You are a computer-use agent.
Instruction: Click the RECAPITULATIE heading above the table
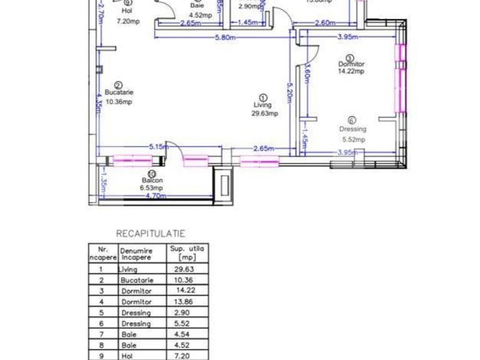coord(150,234)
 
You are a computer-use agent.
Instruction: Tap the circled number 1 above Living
coord(262,98)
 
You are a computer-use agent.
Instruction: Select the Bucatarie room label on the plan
coord(118,92)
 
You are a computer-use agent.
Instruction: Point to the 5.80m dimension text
coord(224,37)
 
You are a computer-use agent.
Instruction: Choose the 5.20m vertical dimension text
coord(289,93)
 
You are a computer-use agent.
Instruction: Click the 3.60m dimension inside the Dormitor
coord(307,76)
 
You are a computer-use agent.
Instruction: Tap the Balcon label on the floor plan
coord(151,181)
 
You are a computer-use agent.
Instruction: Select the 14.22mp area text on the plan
coord(350,71)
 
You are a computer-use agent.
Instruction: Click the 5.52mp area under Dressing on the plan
coord(352,140)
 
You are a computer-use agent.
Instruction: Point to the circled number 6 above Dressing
coord(352,121)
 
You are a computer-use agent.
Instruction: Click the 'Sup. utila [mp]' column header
coord(186,252)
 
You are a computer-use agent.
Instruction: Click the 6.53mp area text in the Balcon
coord(151,187)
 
